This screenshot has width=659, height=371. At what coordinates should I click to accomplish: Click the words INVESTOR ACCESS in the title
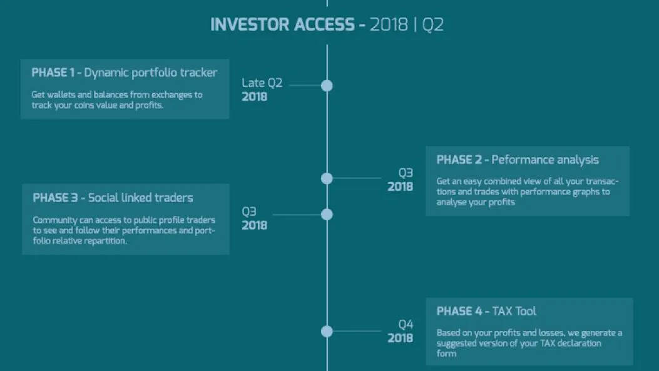point(282,25)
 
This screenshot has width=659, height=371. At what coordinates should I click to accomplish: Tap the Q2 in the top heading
point(432,25)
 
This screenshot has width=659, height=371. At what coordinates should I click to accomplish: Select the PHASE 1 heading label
point(53,73)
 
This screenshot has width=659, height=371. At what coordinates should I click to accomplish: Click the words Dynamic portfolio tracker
point(151,73)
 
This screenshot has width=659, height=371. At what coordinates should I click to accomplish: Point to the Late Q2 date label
point(262,83)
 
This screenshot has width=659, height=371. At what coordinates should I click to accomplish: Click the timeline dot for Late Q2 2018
point(327,86)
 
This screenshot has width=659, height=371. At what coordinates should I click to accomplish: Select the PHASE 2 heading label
point(459,160)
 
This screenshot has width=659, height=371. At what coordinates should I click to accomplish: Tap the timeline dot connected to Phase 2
point(327,178)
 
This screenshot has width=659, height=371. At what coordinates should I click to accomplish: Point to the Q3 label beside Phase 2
point(406,173)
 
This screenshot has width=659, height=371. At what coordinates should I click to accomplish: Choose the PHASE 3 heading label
point(55,198)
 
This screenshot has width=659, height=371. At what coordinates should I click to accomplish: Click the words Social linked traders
point(140,198)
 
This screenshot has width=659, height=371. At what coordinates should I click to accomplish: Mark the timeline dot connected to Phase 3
point(327,215)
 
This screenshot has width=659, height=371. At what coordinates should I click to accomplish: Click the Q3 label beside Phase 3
point(249,211)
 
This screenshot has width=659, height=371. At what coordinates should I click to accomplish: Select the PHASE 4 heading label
point(459,312)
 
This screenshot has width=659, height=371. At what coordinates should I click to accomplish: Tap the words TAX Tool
point(514,312)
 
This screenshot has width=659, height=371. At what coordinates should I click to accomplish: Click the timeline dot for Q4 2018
point(327,332)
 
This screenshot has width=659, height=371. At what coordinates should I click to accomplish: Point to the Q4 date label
point(406,324)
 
